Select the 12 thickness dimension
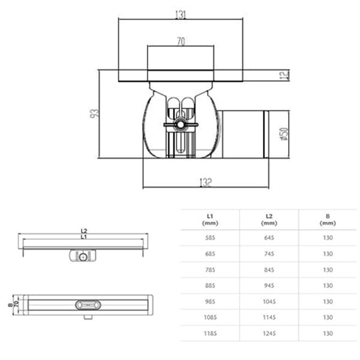[x=284, y=75]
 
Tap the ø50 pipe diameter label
[x=284, y=134]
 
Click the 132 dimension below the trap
[x=205, y=182]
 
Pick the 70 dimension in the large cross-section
[x=179, y=42]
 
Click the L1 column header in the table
[x=210, y=218]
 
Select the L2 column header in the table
[x=269, y=218]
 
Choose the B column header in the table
[x=328, y=218]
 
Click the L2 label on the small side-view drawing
[x=84, y=231]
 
